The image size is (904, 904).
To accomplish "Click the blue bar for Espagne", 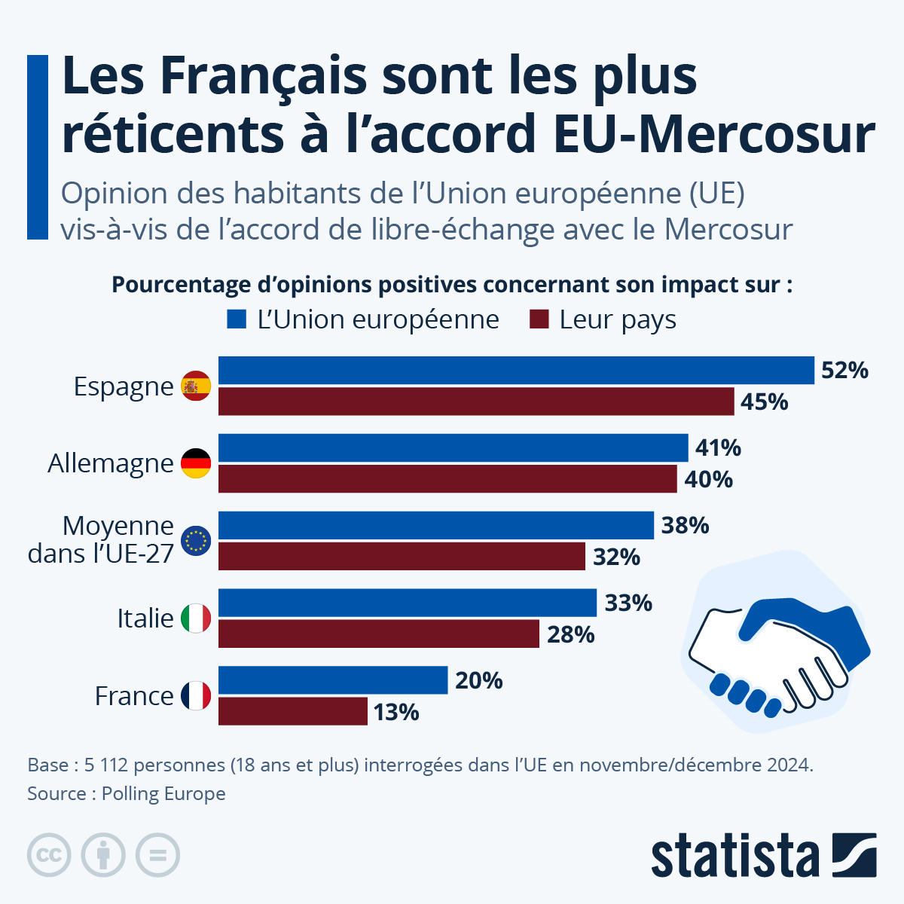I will pyautogui.click(x=516, y=371).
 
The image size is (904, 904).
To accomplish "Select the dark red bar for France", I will pyautogui.click(x=293, y=711).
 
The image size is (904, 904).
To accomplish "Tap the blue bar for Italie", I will pyautogui.click(x=408, y=603).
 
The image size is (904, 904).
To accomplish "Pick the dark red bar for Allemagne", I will pyautogui.click(x=447, y=479).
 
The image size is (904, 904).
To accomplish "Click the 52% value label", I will pyautogui.click(x=844, y=371).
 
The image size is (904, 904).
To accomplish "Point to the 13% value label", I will pyautogui.click(x=396, y=712).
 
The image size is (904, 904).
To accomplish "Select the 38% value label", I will pyautogui.click(x=685, y=526).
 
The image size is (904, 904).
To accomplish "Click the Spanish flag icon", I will pyautogui.click(x=196, y=386).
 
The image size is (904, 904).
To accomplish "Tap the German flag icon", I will pyautogui.click(x=196, y=463).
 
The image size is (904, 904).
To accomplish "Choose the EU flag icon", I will pyautogui.click(x=196, y=540).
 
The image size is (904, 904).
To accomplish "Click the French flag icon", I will pyautogui.click(x=196, y=695).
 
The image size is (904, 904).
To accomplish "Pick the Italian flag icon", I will pyautogui.click(x=196, y=618).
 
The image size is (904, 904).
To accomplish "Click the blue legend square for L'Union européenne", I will pyautogui.click(x=237, y=319).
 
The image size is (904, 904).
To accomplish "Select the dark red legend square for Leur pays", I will pyautogui.click(x=539, y=319).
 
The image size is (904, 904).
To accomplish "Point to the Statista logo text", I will pyautogui.click(x=734, y=856).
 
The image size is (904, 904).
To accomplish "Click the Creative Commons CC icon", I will pyautogui.click(x=49, y=855).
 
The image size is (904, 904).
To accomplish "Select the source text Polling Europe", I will pyautogui.click(x=163, y=794).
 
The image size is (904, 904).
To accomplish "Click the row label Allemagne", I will pyautogui.click(x=111, y=463).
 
